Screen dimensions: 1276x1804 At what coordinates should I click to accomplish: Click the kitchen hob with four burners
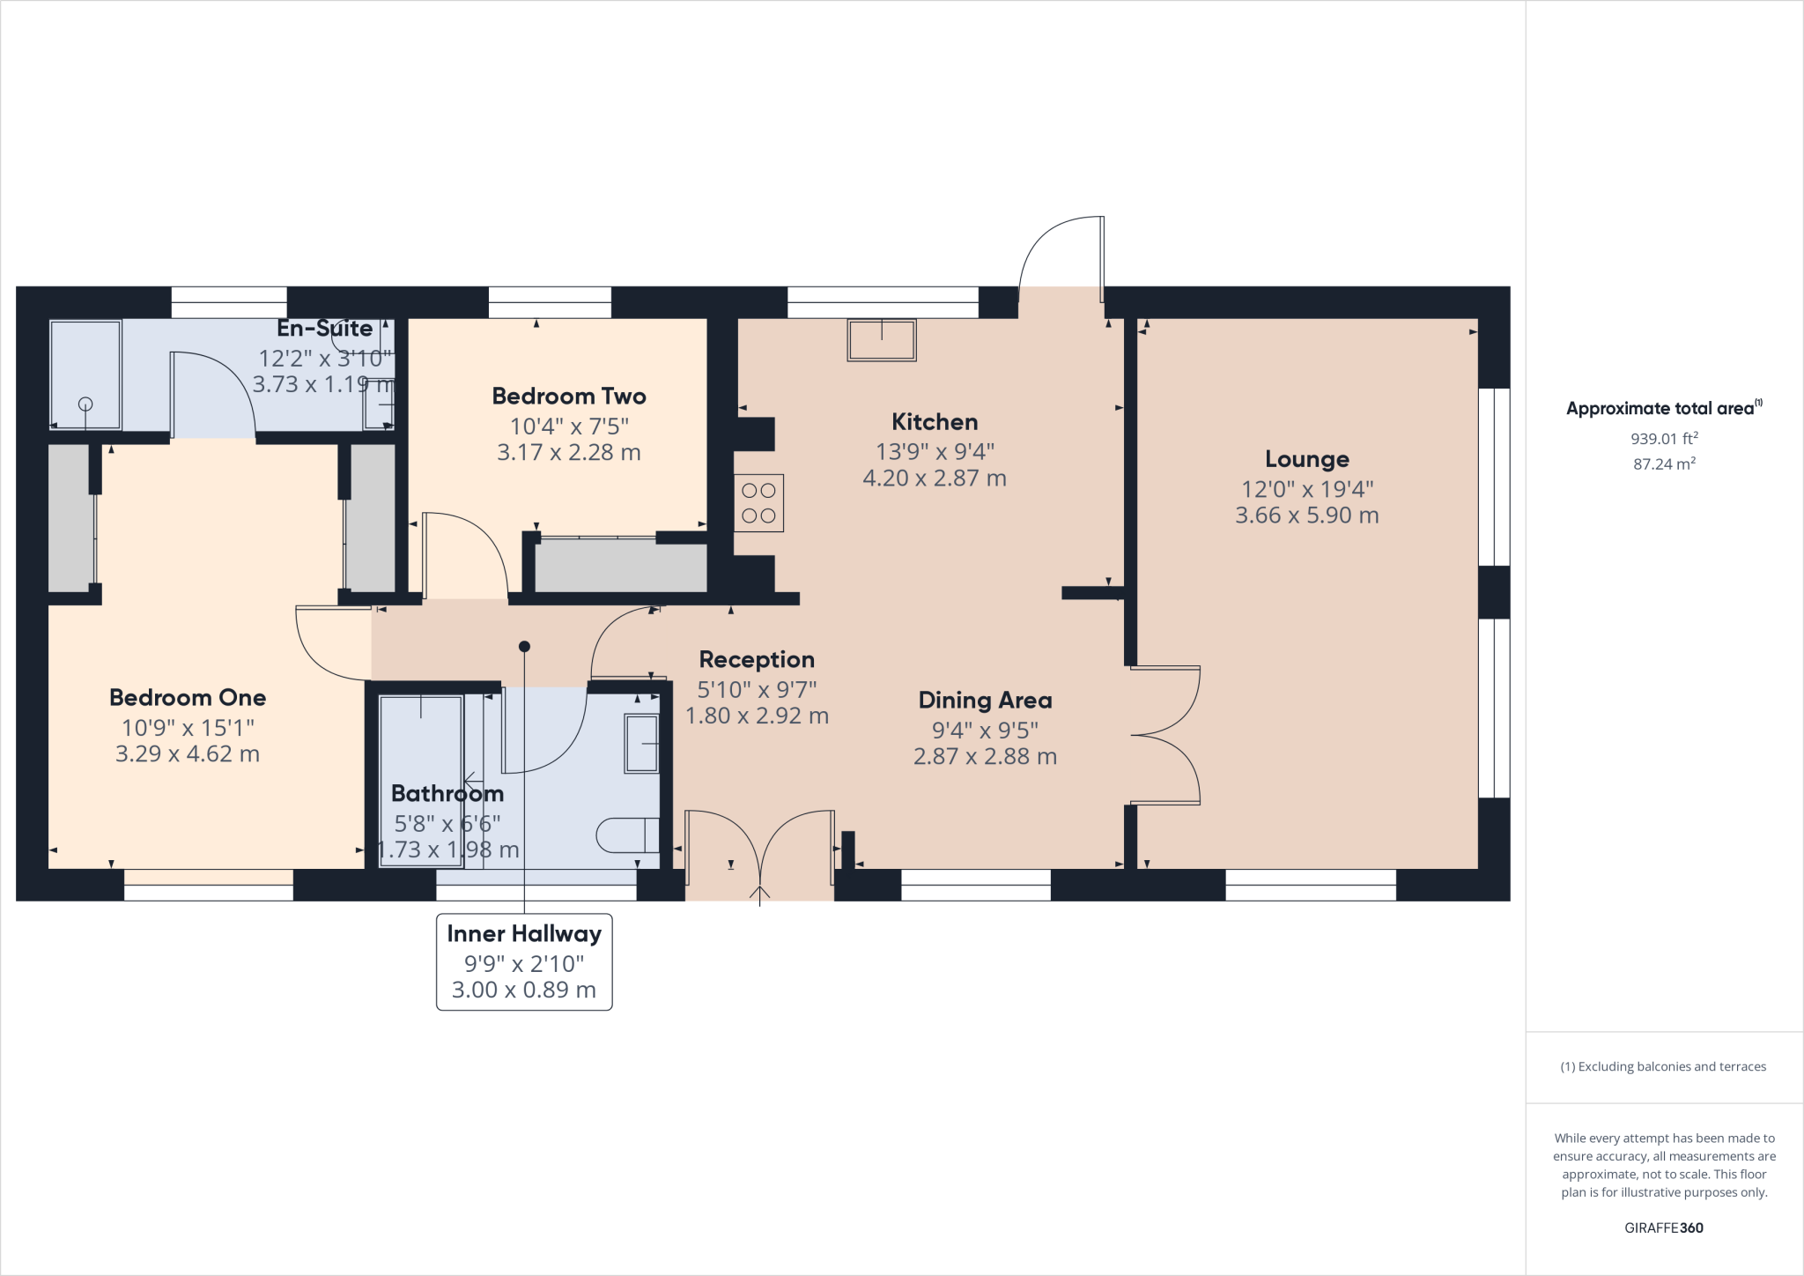[x=758, y=503]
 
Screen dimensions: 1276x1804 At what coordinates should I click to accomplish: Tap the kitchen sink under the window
[x=882, y=340]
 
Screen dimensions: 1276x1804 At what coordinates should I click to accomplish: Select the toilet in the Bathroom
[x=627, y=835]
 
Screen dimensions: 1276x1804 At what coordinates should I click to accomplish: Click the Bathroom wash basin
[x=641, y=744]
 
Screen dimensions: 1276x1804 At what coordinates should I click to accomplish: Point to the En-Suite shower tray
[x=85, y=375]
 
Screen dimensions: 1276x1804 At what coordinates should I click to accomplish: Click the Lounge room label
[x=1306, y=459]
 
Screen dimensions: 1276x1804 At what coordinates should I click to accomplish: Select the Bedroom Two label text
[x=569, y=397]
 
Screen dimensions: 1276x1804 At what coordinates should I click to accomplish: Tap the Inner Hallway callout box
[x=524, y=961]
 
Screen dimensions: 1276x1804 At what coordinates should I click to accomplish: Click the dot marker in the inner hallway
[x=524, y=647]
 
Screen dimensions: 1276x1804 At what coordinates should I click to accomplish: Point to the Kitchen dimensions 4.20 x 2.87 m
[x=934, y=478]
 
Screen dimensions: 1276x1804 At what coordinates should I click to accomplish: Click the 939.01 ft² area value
[x=1663, y=438]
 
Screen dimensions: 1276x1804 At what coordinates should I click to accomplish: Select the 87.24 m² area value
[x=1663, y=464]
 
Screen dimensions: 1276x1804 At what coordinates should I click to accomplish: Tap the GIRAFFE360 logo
[x=1663, y=1228]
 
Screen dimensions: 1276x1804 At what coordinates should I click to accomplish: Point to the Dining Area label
[x=985, y=701]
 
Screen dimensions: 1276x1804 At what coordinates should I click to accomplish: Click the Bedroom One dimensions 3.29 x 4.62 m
[x=188, y=754]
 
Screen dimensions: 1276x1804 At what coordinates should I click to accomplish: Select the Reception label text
[x=757, y=660]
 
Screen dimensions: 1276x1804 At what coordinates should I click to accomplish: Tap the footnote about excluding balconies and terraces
[x=1663, y=1066]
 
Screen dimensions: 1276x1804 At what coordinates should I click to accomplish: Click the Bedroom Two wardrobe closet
[x=620, y=565]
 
